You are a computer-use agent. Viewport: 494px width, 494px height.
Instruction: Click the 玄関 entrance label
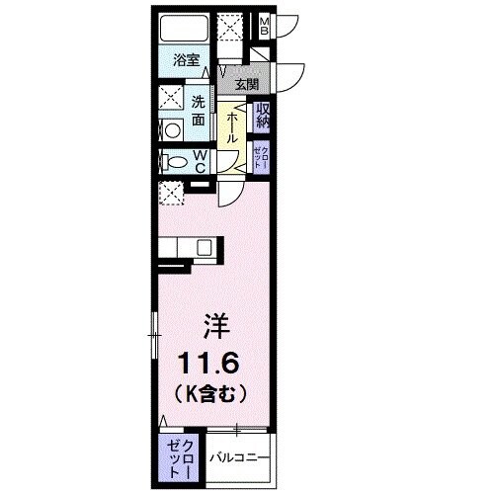pyautogui.click(x=244, y=83)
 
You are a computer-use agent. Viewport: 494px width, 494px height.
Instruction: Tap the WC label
pyautogui.click(x=200, y=160)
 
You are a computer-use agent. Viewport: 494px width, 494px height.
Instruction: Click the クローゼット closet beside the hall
pyautogui.click(x=261, y=155)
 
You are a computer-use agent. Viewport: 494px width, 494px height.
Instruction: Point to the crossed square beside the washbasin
pyautogui.click(x=168, y=100)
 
